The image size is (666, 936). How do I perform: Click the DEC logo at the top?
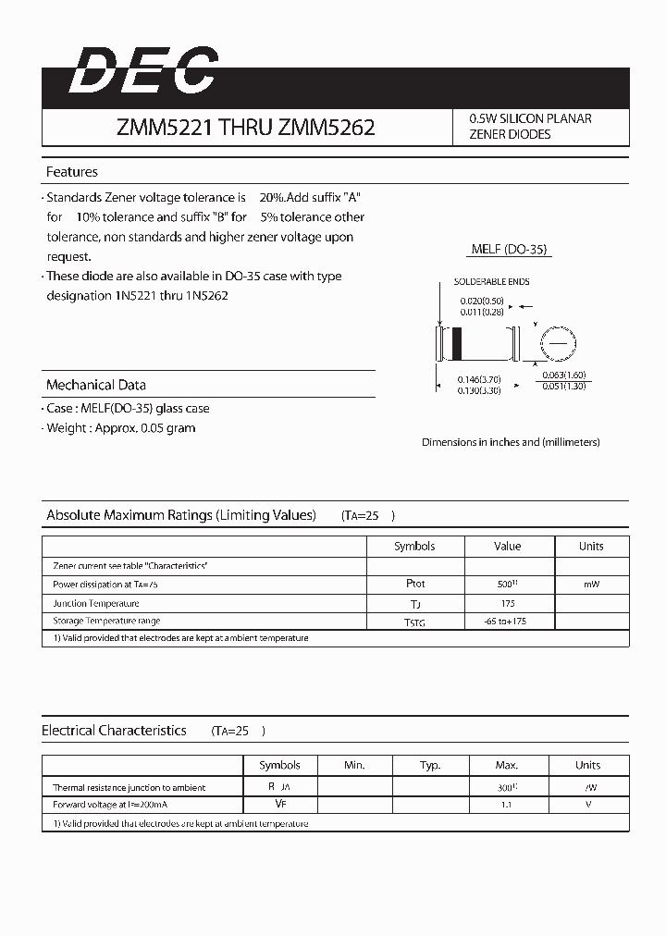(143, 72)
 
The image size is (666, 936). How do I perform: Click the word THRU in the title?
(244, 128)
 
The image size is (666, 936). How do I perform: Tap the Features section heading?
(72, 172)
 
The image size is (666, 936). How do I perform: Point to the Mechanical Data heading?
(96, 385)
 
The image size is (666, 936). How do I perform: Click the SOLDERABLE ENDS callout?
(491, 282)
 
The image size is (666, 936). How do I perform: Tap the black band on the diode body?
(456, 345)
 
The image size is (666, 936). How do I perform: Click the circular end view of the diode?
(557, 344)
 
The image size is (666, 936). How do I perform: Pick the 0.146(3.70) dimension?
(479, 379)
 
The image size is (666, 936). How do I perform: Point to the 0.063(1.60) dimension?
(563, 375)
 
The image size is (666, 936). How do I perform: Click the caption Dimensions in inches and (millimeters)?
(511, 442)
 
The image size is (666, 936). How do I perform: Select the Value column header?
(507, 547)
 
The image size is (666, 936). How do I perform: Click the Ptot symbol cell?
(415, 585)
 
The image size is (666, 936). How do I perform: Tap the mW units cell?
(591, 585)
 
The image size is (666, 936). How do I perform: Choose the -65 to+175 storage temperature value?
(506, 622)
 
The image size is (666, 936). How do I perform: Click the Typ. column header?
(430, 766)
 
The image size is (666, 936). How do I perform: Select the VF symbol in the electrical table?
(279, 805)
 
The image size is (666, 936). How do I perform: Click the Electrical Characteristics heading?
(114, 731)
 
